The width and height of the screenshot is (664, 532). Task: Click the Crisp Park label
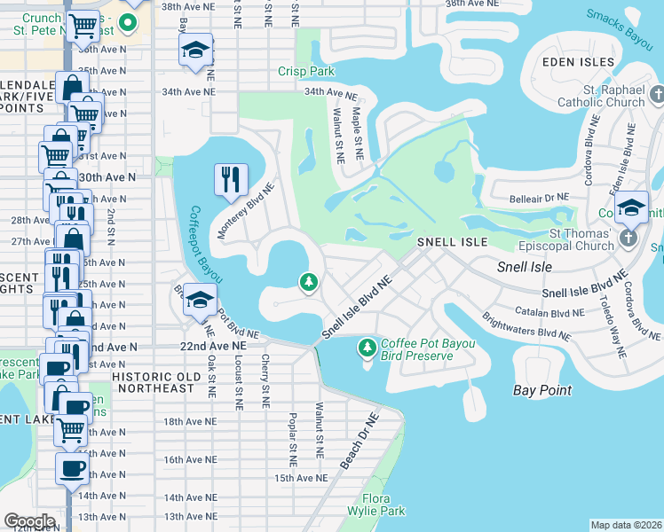point(305,71)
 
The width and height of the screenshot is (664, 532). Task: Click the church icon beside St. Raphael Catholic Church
point(657,94)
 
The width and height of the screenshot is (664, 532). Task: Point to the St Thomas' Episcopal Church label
point(580,240)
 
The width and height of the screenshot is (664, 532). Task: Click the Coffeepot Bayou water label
point(204,245)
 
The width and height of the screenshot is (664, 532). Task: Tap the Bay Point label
point(541,389)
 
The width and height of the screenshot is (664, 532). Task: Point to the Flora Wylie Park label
point(383,505)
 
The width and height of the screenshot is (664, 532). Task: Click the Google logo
point(29,521)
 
